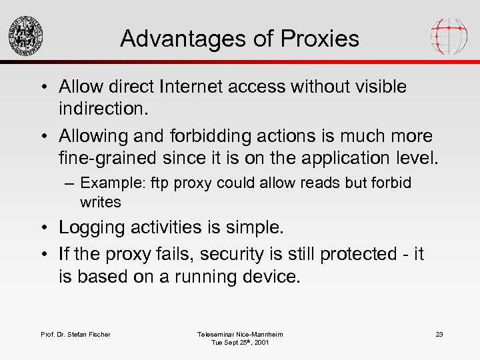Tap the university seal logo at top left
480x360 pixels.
coord(26,35)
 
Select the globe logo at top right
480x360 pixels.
coord(449,35)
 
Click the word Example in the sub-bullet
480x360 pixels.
coord(107,183)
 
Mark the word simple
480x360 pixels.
coord(249,227)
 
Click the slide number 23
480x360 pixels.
coord(439,334)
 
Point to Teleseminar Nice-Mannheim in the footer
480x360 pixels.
coord(240,334)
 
